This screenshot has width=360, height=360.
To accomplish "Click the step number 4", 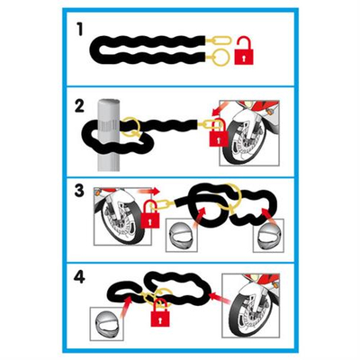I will pyautogui.click(x=79, y=274).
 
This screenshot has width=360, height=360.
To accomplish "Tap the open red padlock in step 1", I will pyautogui.click(x=242, y=57).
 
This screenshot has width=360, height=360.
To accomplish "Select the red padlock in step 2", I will pyautogui.click(x=216, y=135).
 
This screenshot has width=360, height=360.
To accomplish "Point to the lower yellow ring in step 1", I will pyautogui.click(x=220, y=61).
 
